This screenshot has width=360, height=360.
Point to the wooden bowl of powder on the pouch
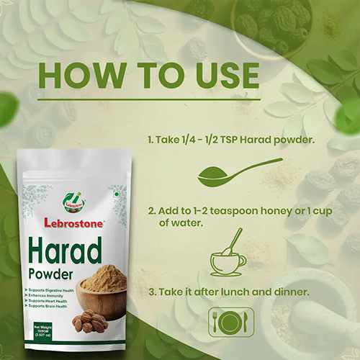point(101,296)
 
